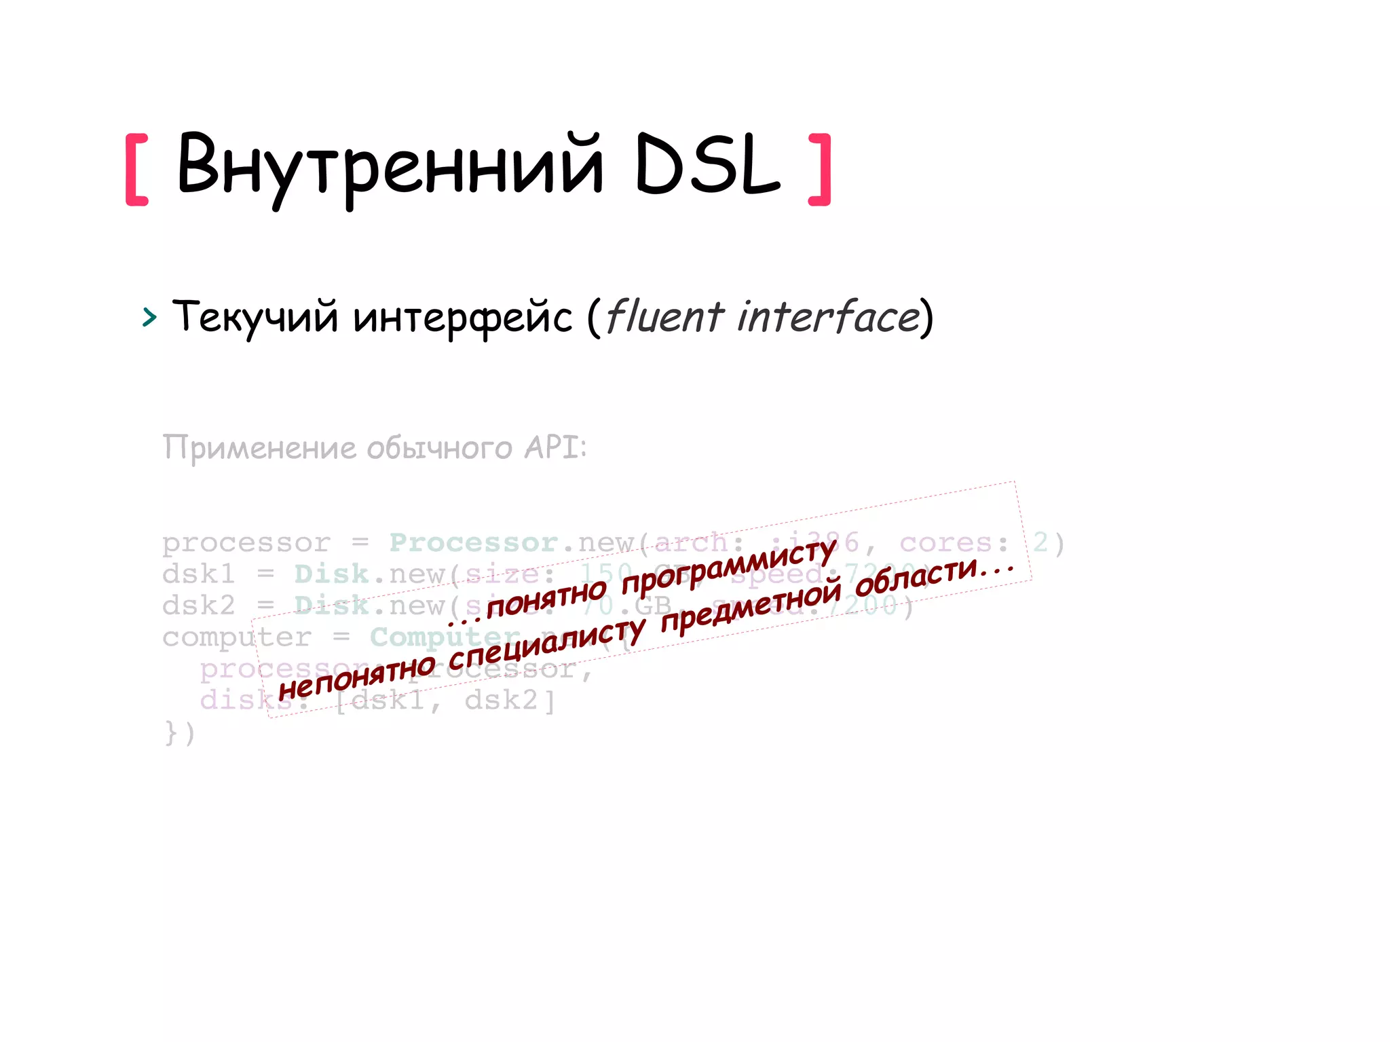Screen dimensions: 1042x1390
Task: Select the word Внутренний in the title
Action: [x=390, y=166]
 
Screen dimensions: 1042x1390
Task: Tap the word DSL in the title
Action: [x=707, y=164]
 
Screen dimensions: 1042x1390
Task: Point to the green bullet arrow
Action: [x=149, y=317]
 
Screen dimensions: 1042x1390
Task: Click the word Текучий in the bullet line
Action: [x=255, y=316]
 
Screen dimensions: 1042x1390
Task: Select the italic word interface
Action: [x=829, y=316]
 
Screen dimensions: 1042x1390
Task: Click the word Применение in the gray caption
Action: [x=259, y=448]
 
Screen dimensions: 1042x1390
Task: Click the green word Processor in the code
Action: [x=473, y=542]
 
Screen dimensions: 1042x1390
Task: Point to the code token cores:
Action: [x=954, y=542]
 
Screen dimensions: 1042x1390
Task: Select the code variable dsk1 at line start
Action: [x=198, y=574]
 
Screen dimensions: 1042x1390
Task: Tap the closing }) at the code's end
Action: [x=180, y=733]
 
